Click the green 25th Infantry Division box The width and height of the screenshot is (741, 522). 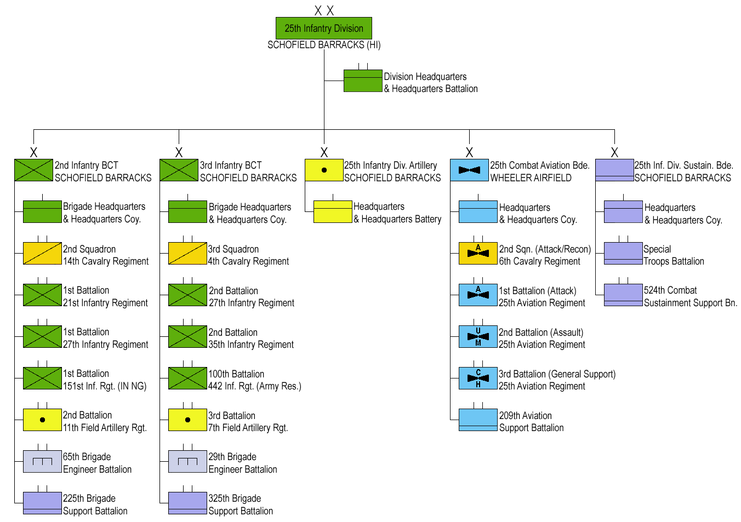point(323,28)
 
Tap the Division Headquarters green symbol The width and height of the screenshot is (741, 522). point(362,81)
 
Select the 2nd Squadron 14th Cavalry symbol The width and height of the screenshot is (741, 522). point(42,253)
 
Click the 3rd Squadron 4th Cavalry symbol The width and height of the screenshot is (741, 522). point(187,253)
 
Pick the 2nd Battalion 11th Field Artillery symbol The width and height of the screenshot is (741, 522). point(42,420)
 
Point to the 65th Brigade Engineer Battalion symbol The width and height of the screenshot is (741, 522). point(42,461)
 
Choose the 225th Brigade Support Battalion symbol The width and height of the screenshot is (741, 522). point(42,503)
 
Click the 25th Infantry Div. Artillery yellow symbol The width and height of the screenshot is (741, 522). point(324,170)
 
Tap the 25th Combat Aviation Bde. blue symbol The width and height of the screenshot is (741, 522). point(469,170)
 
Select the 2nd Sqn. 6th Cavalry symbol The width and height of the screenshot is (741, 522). point(478,253)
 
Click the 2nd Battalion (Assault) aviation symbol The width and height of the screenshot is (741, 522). point(478,336)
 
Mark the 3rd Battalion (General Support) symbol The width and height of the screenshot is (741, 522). point(478,378)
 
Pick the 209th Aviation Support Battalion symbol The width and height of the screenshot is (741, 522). point(478,420)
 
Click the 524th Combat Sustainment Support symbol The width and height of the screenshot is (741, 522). point(623,295)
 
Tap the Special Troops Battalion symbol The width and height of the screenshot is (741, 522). point(623,253)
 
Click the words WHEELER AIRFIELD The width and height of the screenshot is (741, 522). point(531,178)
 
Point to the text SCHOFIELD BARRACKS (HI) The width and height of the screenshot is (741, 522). point(324,45)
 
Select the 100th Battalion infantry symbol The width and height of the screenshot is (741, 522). point(187,378)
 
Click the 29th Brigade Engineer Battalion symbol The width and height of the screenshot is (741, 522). point(187,461)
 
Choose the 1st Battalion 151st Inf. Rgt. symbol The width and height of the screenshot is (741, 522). point(42,378)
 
